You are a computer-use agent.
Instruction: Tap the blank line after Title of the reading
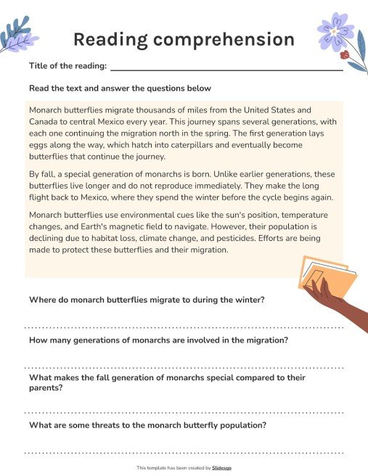point(225,67)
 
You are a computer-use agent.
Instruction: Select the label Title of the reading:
point(68,66)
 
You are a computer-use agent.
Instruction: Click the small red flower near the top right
point(344,54)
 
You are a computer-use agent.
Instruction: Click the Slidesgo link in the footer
point(222,468)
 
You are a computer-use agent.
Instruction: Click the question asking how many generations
point(159,340)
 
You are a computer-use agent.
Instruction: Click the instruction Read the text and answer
point(120,89)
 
